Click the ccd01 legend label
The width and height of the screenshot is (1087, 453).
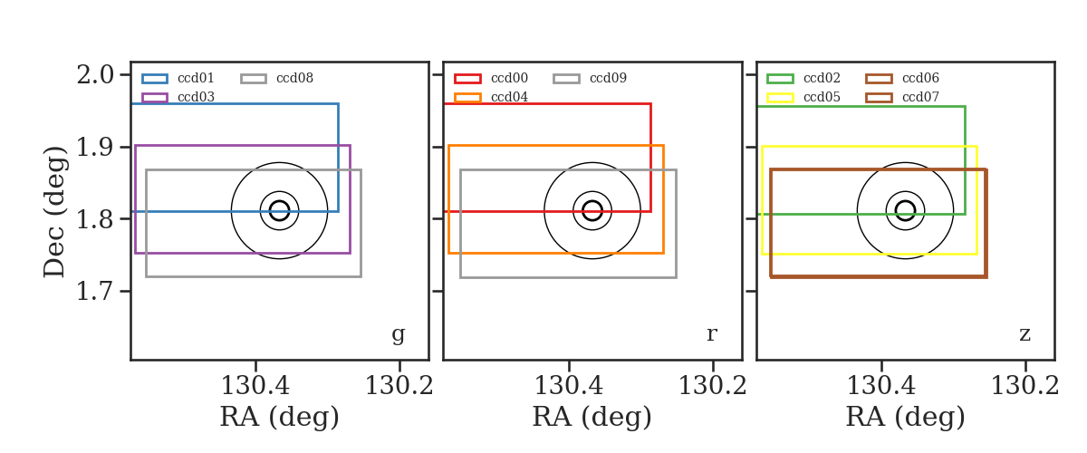pos(196,78)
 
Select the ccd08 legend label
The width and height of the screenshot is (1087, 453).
pos(295,78)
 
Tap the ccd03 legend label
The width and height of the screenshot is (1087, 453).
pos(196,97)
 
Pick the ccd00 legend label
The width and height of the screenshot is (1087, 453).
pos(509,78)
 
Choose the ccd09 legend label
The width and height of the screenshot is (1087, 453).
pos(608,78)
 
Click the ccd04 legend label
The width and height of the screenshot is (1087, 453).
pos(509,97)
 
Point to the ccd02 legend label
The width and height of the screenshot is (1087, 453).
pos(822,78)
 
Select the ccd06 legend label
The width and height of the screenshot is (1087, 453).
pos(920,78)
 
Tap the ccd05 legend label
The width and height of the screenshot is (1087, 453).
pos(822,97)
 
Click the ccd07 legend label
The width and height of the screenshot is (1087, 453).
pos(920,97)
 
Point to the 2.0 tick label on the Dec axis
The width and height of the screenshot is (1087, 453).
pos(96,75)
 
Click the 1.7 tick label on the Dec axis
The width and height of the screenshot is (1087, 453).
pos(96,292)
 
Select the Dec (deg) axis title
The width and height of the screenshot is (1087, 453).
pos(53,212)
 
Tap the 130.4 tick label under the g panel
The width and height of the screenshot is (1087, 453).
pos(255,386)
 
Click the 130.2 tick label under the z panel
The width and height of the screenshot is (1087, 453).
pos(1024,386)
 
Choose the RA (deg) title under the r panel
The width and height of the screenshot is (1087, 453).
pos(592,417)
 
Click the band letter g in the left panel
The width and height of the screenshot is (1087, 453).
pos(398,334)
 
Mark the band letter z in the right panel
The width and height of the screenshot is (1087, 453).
pos(1024,334)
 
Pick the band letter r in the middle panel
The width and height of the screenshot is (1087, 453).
pos(711,334)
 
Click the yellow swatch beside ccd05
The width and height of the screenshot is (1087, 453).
pos(780,98)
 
